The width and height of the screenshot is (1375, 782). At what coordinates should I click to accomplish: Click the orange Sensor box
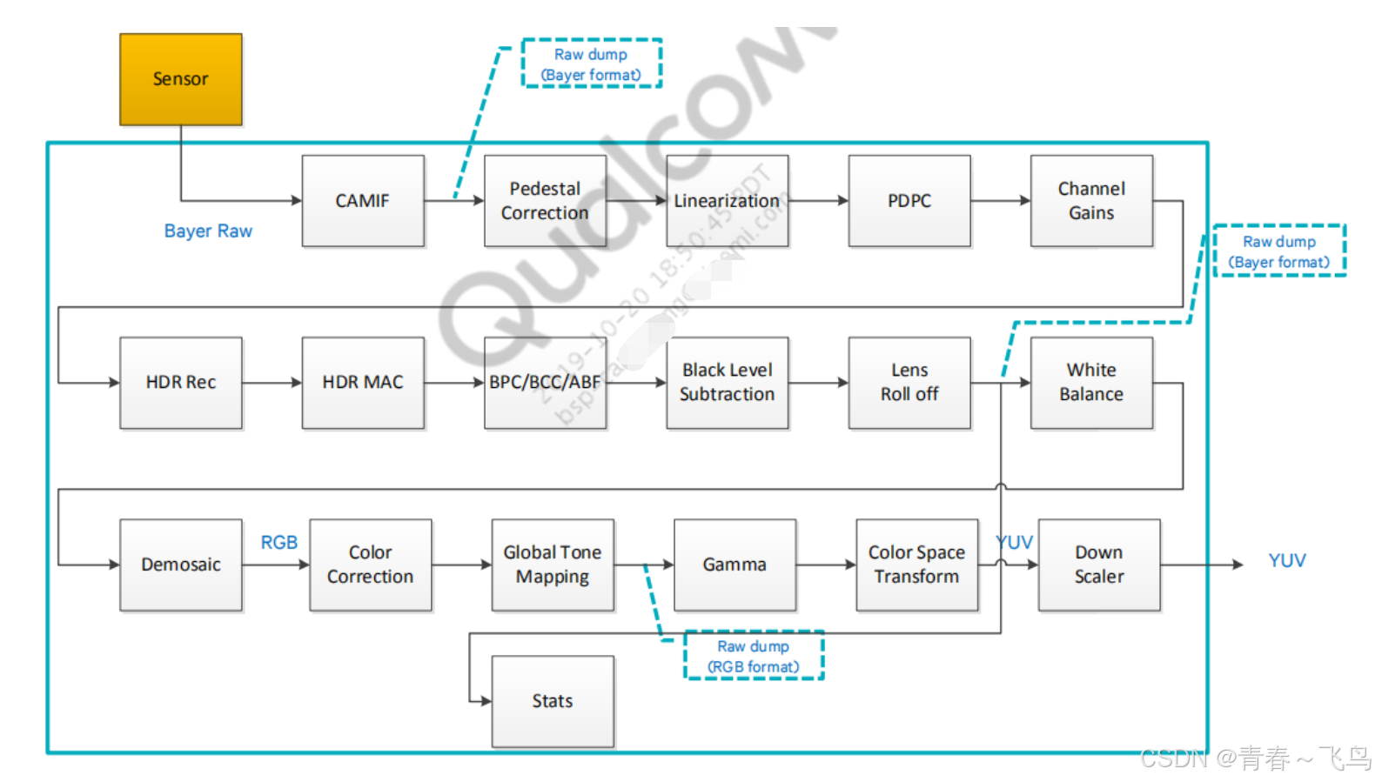pos(180,79)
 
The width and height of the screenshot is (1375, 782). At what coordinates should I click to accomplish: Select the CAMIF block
pos(363,201)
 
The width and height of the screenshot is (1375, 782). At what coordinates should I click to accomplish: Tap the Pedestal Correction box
pos(545,201)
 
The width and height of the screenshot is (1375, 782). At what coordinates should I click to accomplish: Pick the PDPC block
pos(909,201)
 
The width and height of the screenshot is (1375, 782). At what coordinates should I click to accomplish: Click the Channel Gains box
pos(1091,201)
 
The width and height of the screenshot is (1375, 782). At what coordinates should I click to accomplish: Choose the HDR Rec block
pos(180,383)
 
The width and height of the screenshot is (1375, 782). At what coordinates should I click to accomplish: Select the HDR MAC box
pos(363,383)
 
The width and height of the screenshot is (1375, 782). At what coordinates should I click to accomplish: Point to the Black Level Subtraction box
pos(727,383)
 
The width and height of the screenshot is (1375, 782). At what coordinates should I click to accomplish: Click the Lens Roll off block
pos(909,383)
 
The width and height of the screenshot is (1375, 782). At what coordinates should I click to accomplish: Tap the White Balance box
pos(1091,383)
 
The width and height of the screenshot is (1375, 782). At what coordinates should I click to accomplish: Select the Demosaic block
pos(180,565)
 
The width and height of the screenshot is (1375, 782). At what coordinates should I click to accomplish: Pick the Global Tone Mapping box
pos(553,565)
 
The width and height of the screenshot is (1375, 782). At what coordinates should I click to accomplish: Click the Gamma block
pos(734,565)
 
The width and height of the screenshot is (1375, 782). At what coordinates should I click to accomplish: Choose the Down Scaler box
pos(1098,565)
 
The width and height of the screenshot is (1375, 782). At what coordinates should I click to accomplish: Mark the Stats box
pos(553,701)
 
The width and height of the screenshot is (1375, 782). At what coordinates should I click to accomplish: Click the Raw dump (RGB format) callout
pos(754,656)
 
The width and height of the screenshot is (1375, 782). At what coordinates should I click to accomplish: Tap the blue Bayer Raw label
pos(208,231)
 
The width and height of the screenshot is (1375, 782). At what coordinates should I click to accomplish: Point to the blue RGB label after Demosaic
pos(279,543)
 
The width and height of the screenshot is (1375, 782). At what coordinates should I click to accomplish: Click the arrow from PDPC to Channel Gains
pos(1000,201)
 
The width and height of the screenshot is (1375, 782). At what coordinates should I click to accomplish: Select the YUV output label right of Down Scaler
pos(1286,561)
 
